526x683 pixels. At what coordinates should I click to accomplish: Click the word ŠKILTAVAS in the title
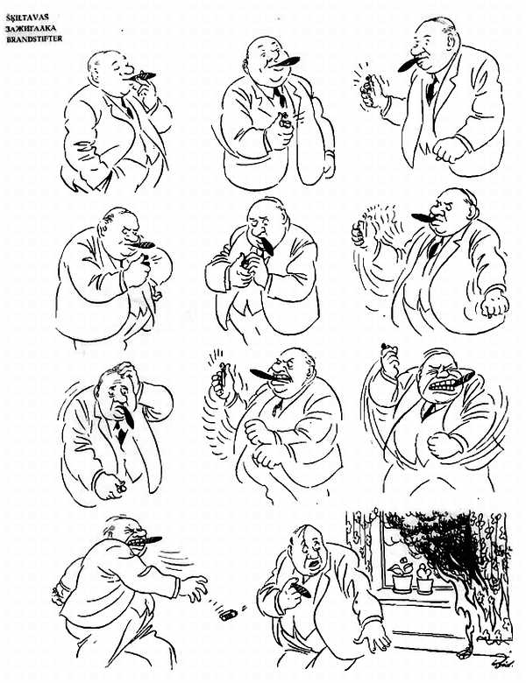(x=27, y=18)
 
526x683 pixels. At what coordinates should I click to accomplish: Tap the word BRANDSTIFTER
(x=34, y=39)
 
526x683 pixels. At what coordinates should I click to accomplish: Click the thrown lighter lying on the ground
(x=229, y=615)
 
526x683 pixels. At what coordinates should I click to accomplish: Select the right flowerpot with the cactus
(x=424, y=581)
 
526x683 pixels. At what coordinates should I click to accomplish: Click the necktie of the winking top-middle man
(x=280, y=96)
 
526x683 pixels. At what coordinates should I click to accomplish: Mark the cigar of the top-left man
(x=144, y=76)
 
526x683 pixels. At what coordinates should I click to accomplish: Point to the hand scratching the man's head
(x=126, y=370)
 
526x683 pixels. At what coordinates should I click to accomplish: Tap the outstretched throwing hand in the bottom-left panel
(x=195, y=587)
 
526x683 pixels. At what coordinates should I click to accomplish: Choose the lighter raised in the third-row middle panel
(x=223, y=376)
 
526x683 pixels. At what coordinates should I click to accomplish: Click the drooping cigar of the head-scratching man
(x=127, y=416)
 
